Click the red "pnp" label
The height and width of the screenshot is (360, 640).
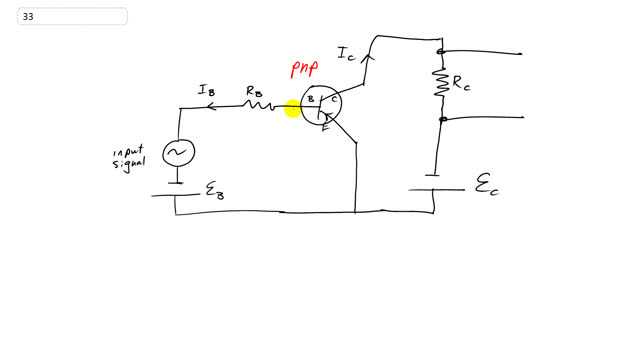[x=304, y=69]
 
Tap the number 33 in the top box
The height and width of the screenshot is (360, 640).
[x=27, y=16]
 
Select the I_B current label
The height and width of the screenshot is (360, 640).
[x=207, y=91]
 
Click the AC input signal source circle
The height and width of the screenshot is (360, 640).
[x=179, y=151]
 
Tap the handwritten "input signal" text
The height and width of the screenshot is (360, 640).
[x=128, y=159]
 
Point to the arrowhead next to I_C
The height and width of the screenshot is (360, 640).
[x=366, y=57]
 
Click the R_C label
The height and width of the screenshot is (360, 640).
[x=461, y=85]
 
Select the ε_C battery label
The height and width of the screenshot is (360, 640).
[x=485, y=184]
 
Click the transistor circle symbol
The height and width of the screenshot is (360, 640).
[x=321, y=103]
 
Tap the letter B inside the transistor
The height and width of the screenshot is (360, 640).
[x=311, y=99]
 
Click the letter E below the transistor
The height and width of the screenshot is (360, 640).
[x=325, y=128]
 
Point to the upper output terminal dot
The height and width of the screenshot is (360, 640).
[x=440, y=52]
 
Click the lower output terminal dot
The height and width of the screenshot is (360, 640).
[x=440, y=118]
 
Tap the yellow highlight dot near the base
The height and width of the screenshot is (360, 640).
[x=293, y=108]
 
